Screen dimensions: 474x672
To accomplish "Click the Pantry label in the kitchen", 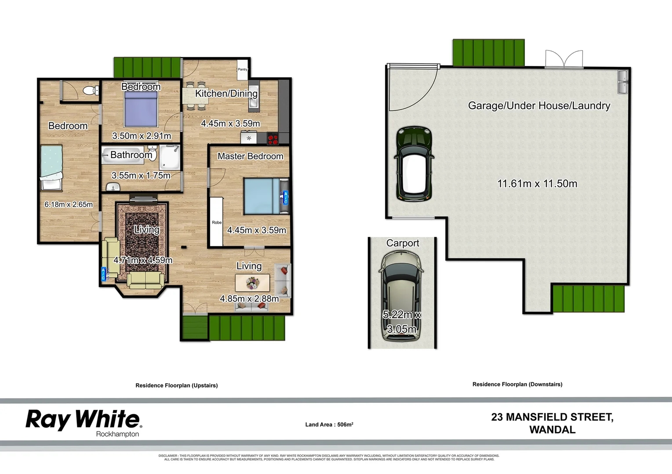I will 243,69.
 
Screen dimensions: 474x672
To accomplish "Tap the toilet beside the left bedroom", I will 91,91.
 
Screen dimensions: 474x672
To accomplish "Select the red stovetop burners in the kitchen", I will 273,139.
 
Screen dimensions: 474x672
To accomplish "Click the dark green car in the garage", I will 414,163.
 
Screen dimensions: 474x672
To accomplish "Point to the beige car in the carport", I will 401,297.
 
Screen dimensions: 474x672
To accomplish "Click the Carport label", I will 403,243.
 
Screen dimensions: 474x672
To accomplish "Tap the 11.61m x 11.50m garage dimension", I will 537,183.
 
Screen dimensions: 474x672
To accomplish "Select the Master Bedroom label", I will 250,156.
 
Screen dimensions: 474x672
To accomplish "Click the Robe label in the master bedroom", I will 217,223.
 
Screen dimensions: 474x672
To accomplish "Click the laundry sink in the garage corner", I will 623,82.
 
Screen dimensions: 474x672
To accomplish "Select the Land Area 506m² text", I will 329,424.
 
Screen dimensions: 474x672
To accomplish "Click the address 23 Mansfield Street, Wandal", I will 552,423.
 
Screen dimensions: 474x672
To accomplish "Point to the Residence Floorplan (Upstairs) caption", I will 176,385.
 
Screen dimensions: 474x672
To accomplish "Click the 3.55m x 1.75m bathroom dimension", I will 141,176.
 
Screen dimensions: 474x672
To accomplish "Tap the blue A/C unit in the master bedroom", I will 285,197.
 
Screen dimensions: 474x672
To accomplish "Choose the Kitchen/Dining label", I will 226,93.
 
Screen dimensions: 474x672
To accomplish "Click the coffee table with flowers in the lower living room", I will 252,283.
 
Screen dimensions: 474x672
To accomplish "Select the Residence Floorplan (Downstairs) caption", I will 517,384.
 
